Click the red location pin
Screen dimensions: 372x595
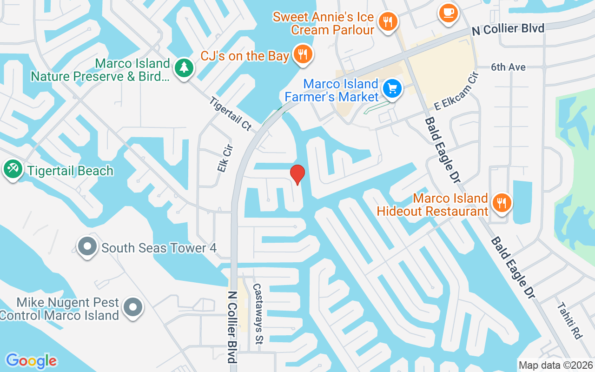297,174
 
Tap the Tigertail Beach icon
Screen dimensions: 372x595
13,169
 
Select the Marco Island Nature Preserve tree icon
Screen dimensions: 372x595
184,68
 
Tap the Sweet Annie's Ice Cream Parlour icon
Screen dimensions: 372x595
387,21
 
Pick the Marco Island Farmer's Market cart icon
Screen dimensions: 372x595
392,88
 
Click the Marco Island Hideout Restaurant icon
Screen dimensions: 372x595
502,203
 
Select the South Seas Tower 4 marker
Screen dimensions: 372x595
87,246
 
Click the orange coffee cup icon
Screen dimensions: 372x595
449,12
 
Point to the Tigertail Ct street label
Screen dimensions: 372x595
230,113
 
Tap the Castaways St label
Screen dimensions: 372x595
258,314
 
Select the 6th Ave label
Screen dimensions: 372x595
508,67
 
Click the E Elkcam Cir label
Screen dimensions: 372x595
456,92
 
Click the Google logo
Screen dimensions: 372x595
31,360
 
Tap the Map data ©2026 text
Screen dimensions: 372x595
555,365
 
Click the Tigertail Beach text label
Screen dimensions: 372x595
70,171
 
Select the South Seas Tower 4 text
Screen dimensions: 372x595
159,248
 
